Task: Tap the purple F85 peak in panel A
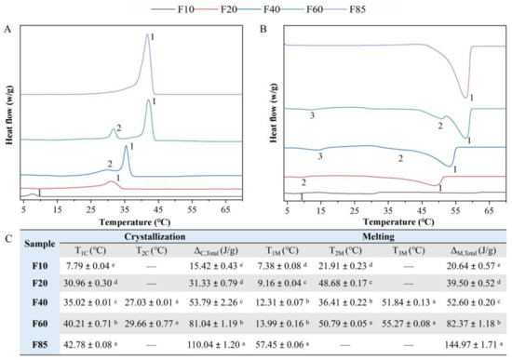click(148, 39)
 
